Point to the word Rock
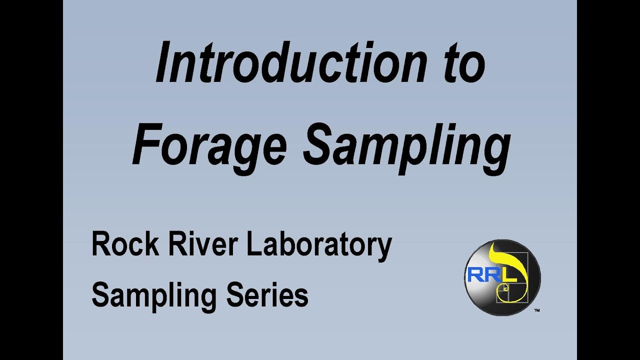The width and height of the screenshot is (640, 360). click(x=120, y=245)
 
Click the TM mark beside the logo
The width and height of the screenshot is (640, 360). click(x=536, y=310)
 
